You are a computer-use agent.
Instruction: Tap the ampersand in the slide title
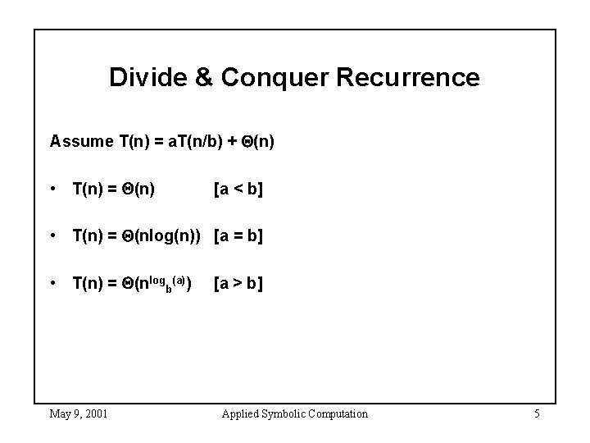[x=204, y=78]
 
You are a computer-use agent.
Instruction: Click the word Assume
[x=80, y=141]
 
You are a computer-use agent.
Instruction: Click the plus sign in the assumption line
[x=241, y=141]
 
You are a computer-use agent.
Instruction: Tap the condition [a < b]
[x=238, y=190]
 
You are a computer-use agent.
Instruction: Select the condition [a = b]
[x=238, y=237]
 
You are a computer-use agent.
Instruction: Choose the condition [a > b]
[x=238, y=285]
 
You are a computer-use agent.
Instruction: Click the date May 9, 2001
[x=79, y=413]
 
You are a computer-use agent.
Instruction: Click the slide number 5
[x=536, y=413]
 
